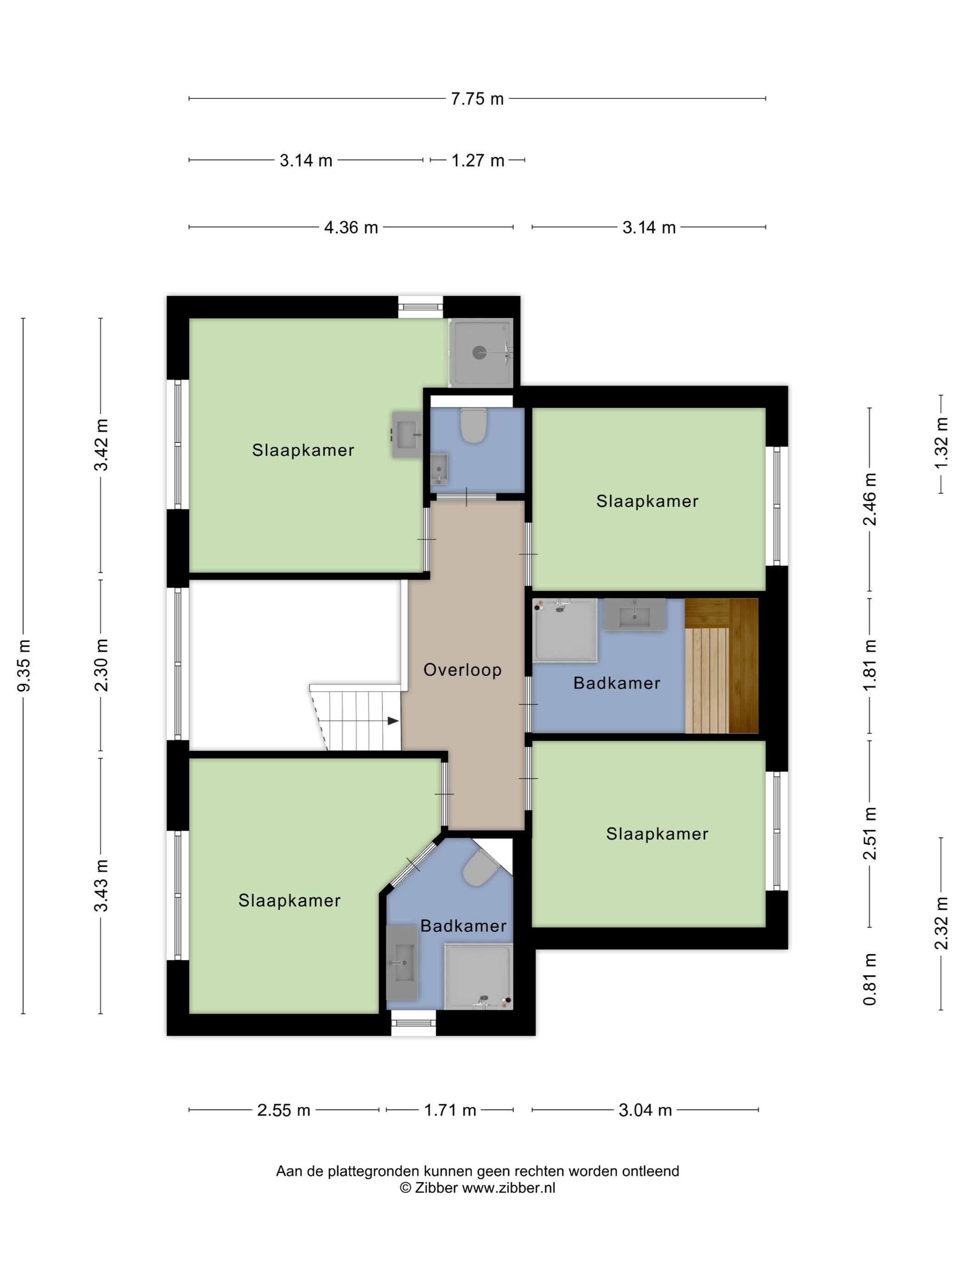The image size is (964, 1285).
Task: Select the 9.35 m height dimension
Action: tap(23, 666)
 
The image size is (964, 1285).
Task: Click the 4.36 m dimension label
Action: tap(351, 227)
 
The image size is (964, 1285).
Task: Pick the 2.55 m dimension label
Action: tap(284, 1110)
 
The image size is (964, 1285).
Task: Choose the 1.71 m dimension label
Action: tap(450, 1110)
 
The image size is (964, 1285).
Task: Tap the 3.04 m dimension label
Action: tap(645, 1110)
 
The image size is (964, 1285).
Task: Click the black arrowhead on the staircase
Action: tap(393, 721)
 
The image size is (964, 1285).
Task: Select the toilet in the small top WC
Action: tap(473, 425)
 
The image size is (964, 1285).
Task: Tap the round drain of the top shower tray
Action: tap(479, 352)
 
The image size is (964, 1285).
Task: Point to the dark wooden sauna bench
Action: tap(744, 666)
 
